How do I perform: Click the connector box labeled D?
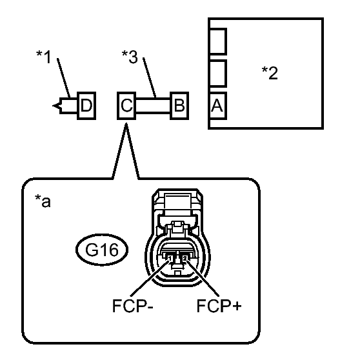[86, 106]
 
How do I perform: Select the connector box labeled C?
[126, 106]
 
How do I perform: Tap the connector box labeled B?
[179, 106]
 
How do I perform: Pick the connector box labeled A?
[217, 106]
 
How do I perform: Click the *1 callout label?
[44, 57]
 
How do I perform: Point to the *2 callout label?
[270, 73]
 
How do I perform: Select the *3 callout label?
[130, 57]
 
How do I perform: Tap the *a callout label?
[43, 201]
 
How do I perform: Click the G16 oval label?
[102, 250]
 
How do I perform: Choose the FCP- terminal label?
[132, 306]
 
